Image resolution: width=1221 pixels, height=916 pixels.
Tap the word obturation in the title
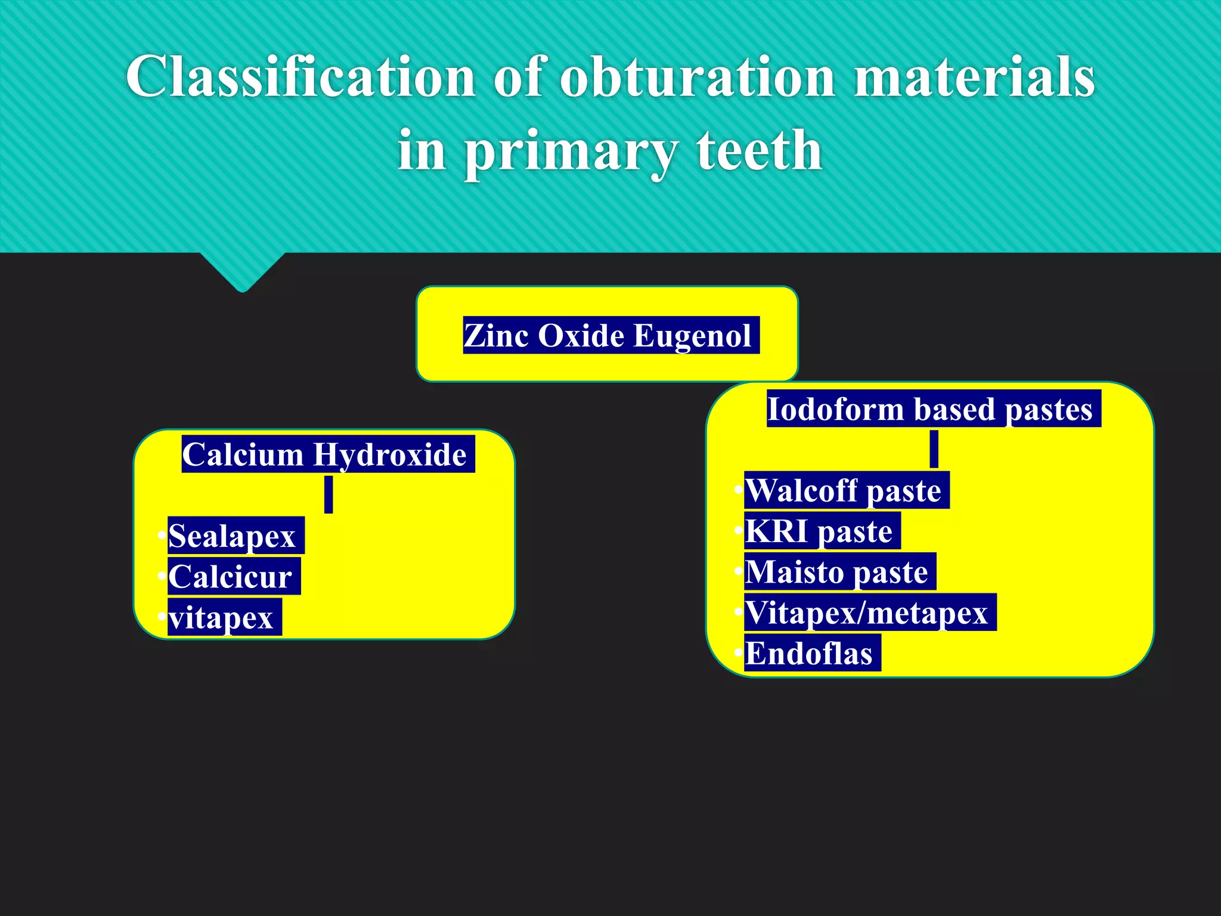(x=698, y=78)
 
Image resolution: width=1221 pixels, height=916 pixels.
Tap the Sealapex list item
(x=233, y=536)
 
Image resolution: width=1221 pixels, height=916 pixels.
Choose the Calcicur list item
(x=231, y=577)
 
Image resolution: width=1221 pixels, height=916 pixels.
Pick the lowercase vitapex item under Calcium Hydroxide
(x=221, y=618)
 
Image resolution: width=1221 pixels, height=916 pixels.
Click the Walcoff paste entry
(x=844, y=490)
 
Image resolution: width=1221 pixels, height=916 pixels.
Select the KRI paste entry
(x=819, y=531)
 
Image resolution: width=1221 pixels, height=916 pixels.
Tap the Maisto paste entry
(x=837, y=572)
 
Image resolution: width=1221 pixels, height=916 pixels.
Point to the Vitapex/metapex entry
(x=867, y=612)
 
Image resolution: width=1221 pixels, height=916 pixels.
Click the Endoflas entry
(x=809, y=654)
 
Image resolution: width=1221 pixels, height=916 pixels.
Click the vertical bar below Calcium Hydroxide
(x=329, y=494)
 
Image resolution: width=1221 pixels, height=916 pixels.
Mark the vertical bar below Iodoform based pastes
(x=934, y=449)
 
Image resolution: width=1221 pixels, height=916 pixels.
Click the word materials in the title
(x=974, y=78)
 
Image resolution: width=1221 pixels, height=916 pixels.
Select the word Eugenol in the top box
(x=692, y=335)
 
